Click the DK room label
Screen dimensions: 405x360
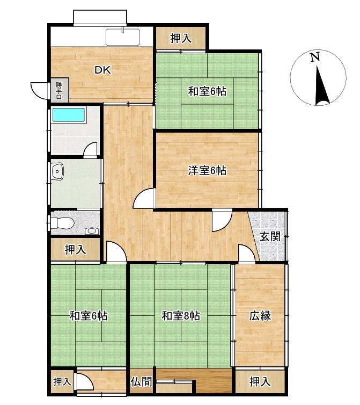click(x=103, y=70)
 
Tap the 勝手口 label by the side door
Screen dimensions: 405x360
click(x=58, y=90)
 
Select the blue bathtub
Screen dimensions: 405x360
click(x=69, y=115)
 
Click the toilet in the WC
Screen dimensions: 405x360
click(x=60, y=223)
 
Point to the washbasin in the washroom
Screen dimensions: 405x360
click(x=57, y=172)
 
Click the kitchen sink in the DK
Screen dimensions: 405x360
click(x=123, y=38)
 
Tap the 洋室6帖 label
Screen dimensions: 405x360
click(x=207, y=171)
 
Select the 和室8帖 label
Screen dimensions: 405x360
click(x=181, y=316)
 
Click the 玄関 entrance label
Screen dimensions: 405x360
click(x=270, y=236)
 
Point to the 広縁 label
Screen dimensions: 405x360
click(x=260, y=316)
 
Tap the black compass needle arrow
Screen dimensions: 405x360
click(x=321, y=86)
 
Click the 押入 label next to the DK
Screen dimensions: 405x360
click(x=180, y=38)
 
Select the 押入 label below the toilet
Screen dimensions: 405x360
click(x=75, y=249)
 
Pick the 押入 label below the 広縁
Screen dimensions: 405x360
click(x=260, y=382)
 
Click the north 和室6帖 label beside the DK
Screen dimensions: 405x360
click(x=207, y=91)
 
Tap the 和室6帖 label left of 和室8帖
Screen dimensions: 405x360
click(x=89, y=316)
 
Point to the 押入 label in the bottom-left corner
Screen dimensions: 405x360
click(x=62, y=382)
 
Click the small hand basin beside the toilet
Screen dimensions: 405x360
click(x=92, y=231)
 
